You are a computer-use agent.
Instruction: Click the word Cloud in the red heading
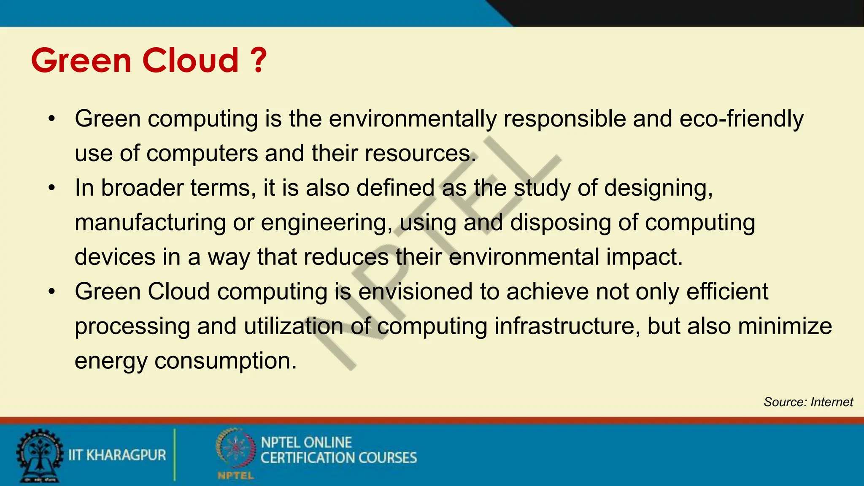(x=191, y=60)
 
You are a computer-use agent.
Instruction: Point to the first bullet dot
(x=51, y=119)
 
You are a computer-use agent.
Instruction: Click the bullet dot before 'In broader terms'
(x=51, y=188)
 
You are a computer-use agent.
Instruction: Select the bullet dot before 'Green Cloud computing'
(x=51, y=292)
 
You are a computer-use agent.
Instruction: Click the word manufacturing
(x=150, y=223)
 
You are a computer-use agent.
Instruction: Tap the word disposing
(x=560, y=223)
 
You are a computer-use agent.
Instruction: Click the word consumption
(x=225, y=361)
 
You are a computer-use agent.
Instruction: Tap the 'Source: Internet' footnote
(x=808, y=402)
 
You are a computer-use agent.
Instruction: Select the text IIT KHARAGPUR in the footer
(x=117, y=455)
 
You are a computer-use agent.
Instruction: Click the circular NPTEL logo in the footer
(x=235, y=449)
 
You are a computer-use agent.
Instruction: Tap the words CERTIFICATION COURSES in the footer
(x=338, y=458)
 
